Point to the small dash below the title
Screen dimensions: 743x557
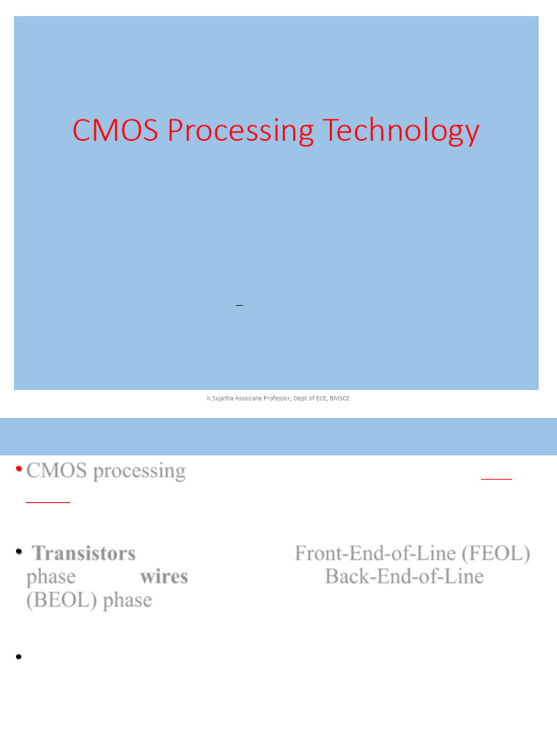coord(239,307)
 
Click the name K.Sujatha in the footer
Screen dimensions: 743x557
coord(220,398)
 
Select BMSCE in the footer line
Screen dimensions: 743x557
coord(339,398)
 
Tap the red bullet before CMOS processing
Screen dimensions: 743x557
coord(18,469)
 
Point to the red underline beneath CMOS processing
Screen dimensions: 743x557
coord(48,501)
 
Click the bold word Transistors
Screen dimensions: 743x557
coord(84,554)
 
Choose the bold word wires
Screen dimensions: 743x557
coord(164,577)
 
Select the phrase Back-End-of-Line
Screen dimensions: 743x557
coord(404,577)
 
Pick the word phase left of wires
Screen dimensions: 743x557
coord(51,578)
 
